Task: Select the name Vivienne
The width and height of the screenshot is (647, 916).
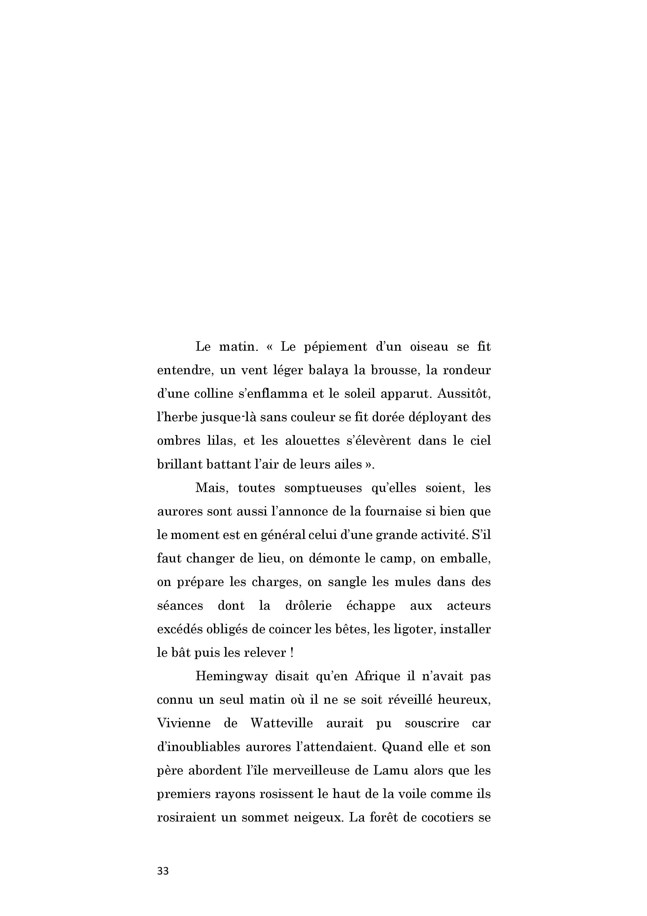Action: (x=183, y=723)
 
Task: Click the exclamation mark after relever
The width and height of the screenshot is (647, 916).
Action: (x=292, y=653)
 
